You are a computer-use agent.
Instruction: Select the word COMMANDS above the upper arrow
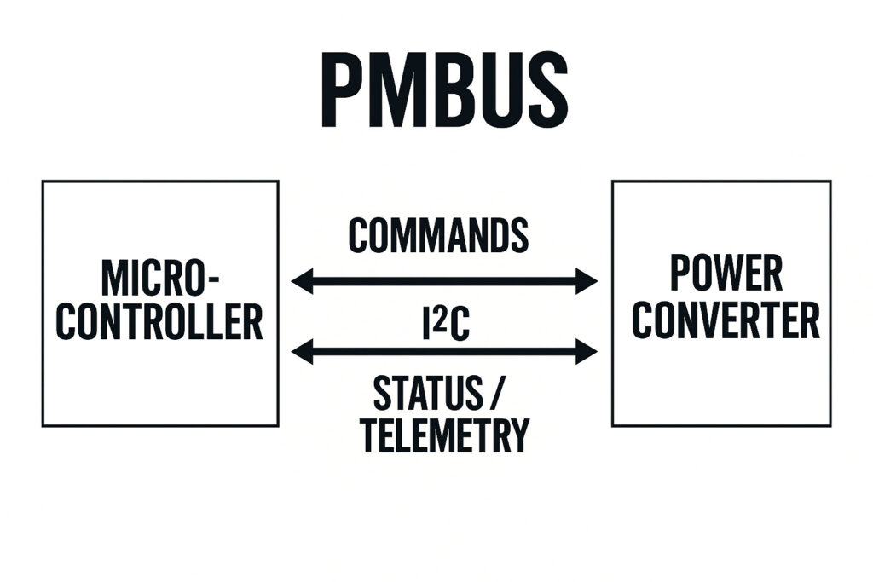438,235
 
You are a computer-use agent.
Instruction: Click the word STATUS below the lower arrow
427,393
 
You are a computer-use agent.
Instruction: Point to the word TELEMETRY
444,435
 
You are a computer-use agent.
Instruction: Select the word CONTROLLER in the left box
159,322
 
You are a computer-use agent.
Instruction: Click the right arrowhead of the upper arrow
587,280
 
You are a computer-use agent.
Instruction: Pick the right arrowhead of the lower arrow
587,350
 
